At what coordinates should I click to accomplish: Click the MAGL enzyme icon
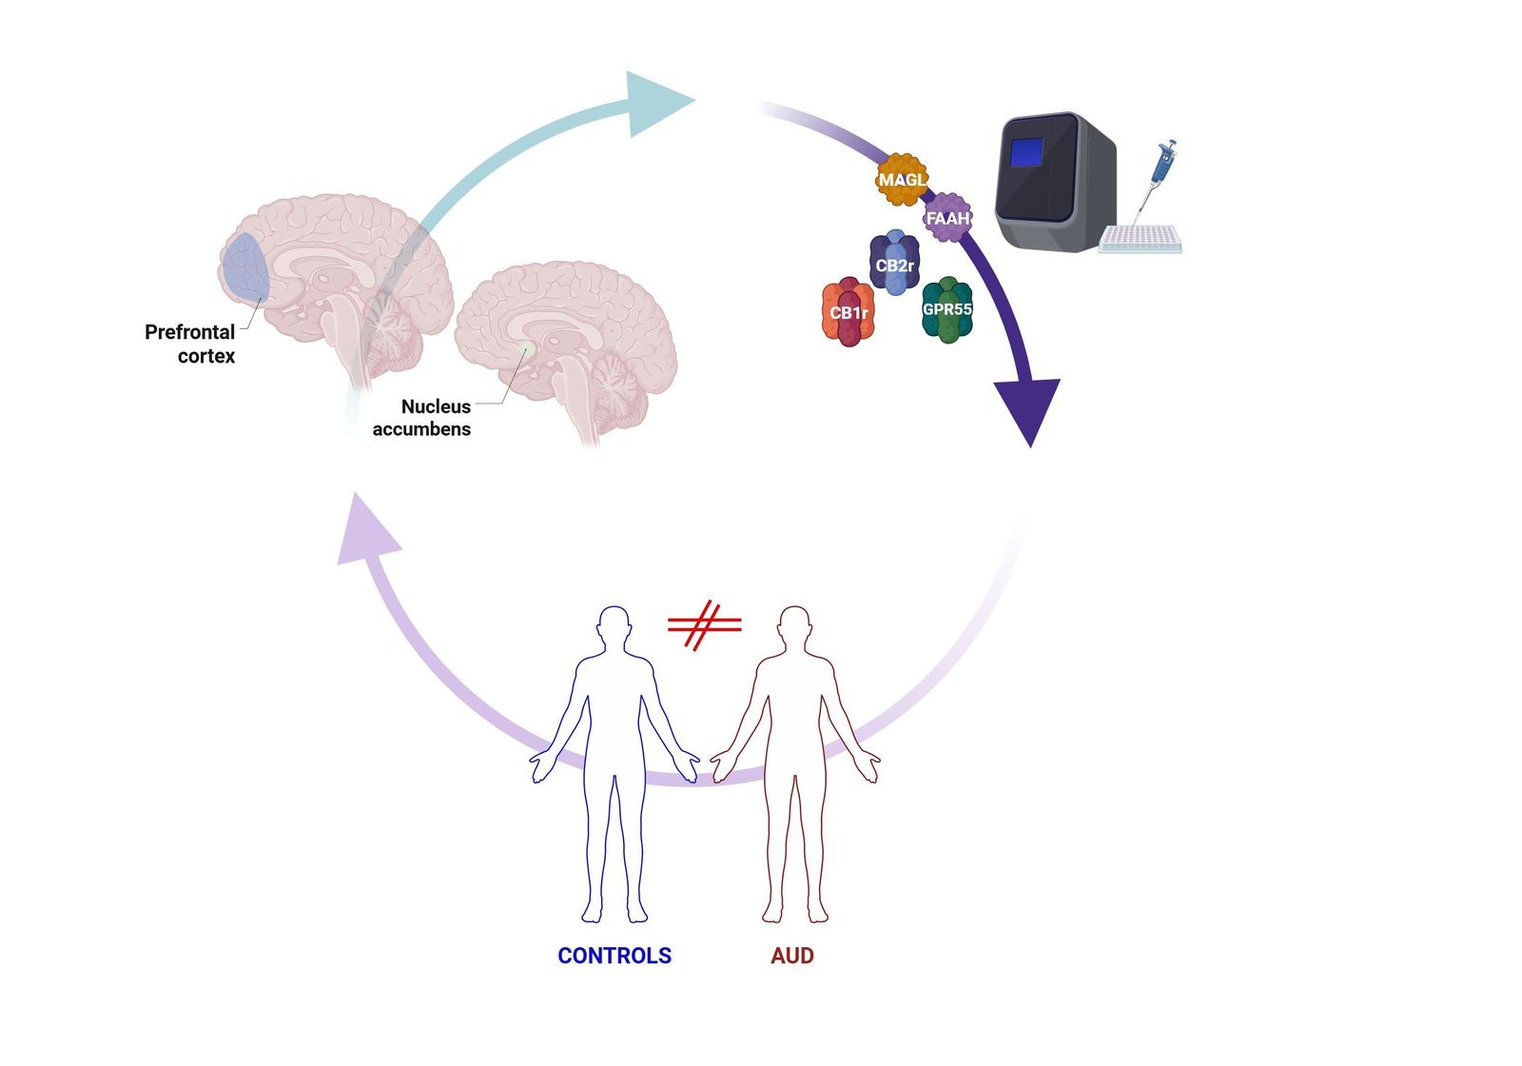pyautogui.click(x=901, y=179)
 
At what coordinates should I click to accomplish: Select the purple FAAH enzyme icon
pyautogui.click(x=947, y=218)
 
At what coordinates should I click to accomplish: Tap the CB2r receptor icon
pyautogui.click(x=894, y=264)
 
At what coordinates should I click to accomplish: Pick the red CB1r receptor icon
pyautogui.click(x=848, y=312)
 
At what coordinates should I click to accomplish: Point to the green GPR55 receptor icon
pyautogui.click(x=947, y=309)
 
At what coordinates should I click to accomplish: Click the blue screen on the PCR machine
pyautogui.click(x=1026, y=152)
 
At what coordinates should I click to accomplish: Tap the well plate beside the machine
pyautogui.click(x=1140, y=240)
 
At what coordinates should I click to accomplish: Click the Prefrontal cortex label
pyautogui.click(x=189, y=344)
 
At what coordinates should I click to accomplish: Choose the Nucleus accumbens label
pyautogui.click(x=421, y=418)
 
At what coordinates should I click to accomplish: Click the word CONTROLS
pyautogui.click(x=614, y=956)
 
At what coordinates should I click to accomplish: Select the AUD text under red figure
pyautogui.click(x=791, y=956)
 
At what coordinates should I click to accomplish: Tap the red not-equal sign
pyautogui.click(x=704, y=624)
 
